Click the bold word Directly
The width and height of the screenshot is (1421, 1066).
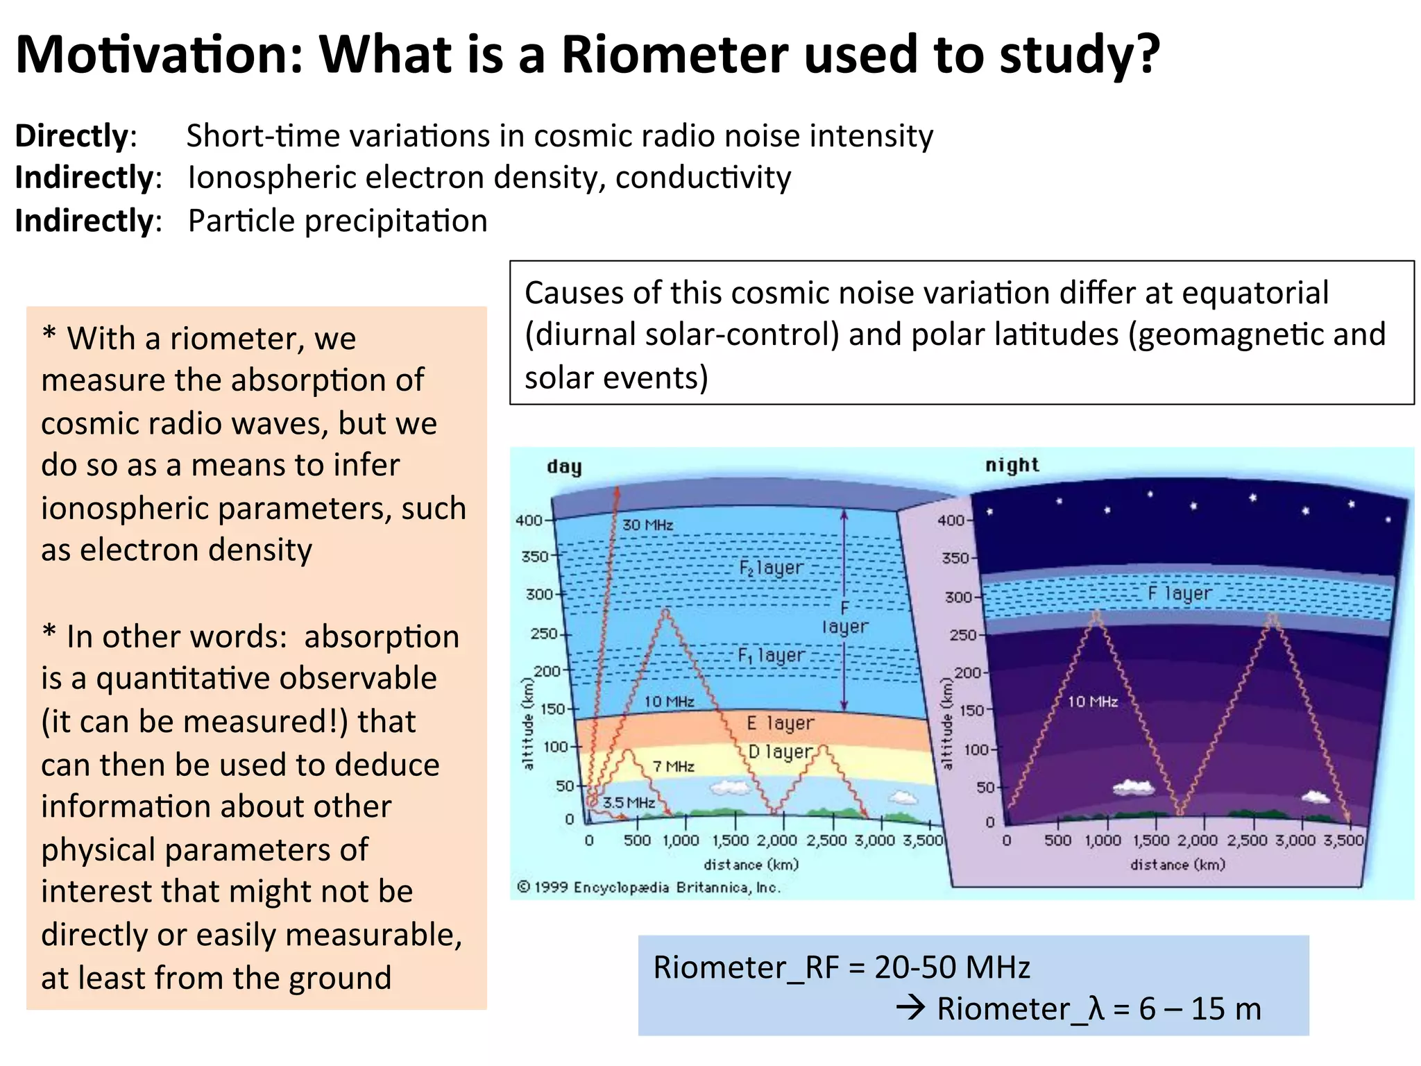pos(71,135)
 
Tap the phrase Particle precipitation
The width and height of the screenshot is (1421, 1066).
pos(337,221)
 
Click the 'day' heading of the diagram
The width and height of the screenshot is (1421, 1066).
pos(563,466)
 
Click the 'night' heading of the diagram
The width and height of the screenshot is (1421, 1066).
pos(1012,465)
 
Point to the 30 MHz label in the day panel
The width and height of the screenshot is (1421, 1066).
pos(647,525)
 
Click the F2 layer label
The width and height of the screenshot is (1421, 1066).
pos(770,568)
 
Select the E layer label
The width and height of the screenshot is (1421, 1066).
pos(780,723)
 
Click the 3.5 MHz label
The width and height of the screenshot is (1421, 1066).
pos(628,803)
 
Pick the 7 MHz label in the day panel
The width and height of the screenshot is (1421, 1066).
pos(673,766)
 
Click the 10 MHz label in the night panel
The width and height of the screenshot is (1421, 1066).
pos(1092,702)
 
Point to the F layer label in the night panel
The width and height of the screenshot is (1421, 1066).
pos(1179,593)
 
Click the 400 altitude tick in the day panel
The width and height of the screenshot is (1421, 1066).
pos(529,521)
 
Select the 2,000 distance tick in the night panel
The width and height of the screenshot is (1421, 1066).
pos(1198,840)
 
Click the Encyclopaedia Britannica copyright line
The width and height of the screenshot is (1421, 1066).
pos(649,888)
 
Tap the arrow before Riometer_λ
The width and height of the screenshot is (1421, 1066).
pos(910,1007)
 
